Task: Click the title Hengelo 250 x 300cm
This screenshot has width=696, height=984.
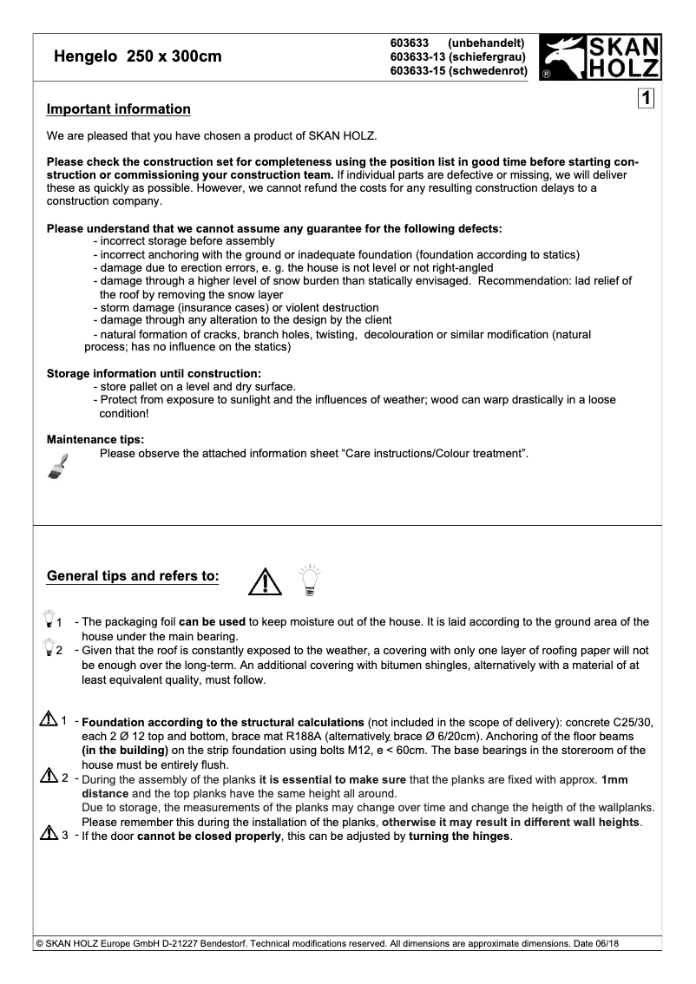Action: click(138, 57)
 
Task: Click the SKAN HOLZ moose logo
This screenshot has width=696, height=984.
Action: click(600, 58)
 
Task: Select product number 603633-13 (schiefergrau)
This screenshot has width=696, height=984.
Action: click(459, 57)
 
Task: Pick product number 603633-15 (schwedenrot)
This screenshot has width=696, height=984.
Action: click(459, 71)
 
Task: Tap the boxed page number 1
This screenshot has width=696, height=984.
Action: click(646, 98)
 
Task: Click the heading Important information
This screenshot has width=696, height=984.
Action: click(118, 109)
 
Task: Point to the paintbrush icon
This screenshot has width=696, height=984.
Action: click(58, 466)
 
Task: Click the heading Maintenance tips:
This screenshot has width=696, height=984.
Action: click(95, 439)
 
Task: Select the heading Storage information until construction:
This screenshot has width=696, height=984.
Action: click(154, 373)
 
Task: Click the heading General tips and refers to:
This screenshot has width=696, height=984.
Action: click(133, 576)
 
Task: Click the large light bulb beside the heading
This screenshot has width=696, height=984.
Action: click(309, 579)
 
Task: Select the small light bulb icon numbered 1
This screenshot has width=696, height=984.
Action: click(48, 620)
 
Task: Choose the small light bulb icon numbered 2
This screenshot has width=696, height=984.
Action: click(48, 648)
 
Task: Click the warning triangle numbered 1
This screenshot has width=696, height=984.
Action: click(48, 719)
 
